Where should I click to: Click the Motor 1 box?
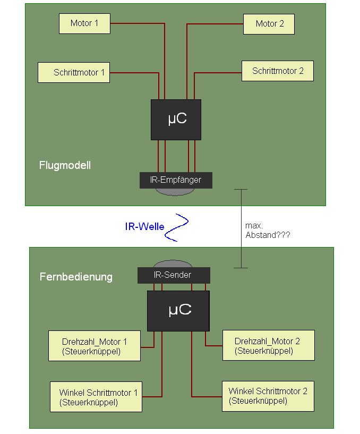click(x=84, y=24)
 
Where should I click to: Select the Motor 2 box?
click(x=269, y=24)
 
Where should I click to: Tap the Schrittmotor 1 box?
click(x=74, y=72)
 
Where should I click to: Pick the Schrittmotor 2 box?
click(x=277, y=71)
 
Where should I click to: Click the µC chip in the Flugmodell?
click(x=176, y=119)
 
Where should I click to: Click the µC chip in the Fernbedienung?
click(x=178, y=310)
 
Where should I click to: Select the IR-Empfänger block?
click(x=176, y=180)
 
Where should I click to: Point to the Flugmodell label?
click(x=65, y=165)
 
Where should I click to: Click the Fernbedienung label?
click(x=76, y=277)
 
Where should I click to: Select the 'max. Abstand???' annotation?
click(x=268, y=230)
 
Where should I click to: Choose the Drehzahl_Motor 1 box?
click(x=95, y=346)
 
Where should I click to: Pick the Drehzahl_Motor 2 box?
click(x=268, y=345)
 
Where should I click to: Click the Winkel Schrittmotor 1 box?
click(x=96, y=397)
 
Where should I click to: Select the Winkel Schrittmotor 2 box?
click(x=268, y=396)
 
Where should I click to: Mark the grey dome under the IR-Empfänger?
click(x=176, y=191)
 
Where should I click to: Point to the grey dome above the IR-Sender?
click(x=173, y=264)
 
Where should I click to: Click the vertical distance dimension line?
click(x=241, y=228)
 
